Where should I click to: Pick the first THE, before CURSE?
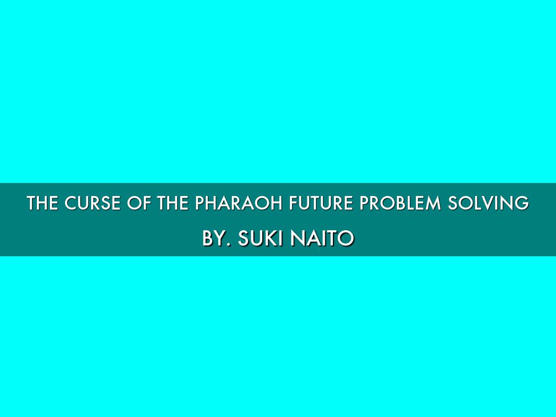pyautogui.click(x=42, y=203)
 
